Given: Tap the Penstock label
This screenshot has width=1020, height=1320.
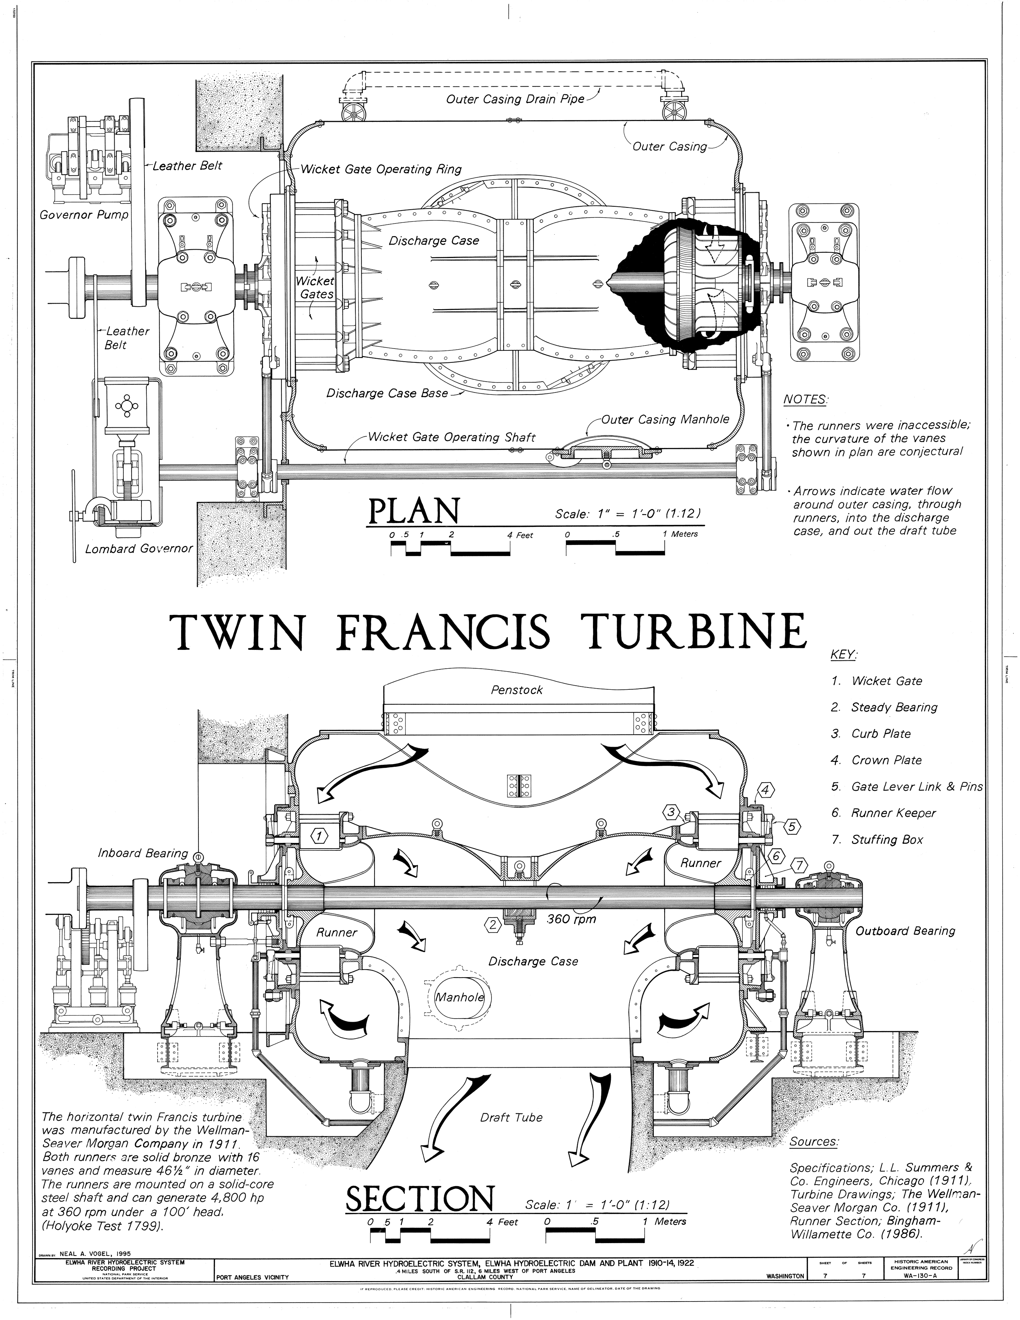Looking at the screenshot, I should click(516, 690).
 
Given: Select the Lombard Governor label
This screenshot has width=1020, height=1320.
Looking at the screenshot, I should click(138, 549).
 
